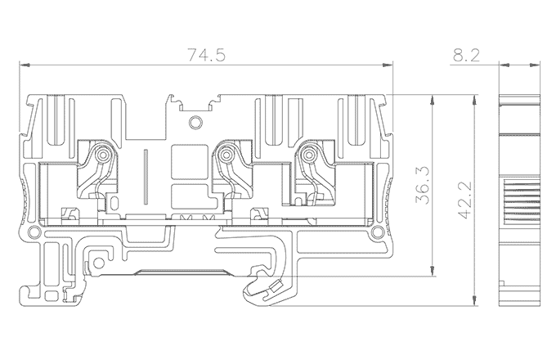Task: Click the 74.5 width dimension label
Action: pyautogui.click(x=206, y=55)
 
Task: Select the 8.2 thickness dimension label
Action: pyautogui.click(x=466, y=55)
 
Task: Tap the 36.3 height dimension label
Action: pyautogui.click(x=423, y=185)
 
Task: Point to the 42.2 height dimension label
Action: pyautogui.click(x=465, y=200)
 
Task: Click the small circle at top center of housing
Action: pyautogui.click(x=195, y=123)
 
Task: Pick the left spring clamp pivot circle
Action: pyautogui.click(x=104, y=155)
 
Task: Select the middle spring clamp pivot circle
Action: pyautogui.click(x=226, y=155)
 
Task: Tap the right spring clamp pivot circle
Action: pyautogui.click(x=309, y=155)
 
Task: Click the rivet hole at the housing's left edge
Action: pyautogui.click(x=34, y=232)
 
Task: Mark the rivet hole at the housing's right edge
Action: pyautogui.click(x=378, y=232)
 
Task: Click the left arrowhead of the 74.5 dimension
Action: pyautogui.click(x=24, y=65)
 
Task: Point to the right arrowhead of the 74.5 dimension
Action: pyautogui.click(x=388, y=65)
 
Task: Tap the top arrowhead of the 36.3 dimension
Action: pyautogui.click(x=432, y=100)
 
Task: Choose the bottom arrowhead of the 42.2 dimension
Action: pyautogui.click(x=473, y=300)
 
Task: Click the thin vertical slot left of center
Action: pyautogui.click(x=146, y=178)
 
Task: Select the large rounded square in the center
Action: pyautogui.click(x=189, y=162)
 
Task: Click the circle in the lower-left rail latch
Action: pyautogui.click(x=99, y=263)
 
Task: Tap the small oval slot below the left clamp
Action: pyautogui.click(x=114, y=203)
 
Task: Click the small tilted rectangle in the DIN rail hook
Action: pyautogui.click(x=276, y=286)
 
